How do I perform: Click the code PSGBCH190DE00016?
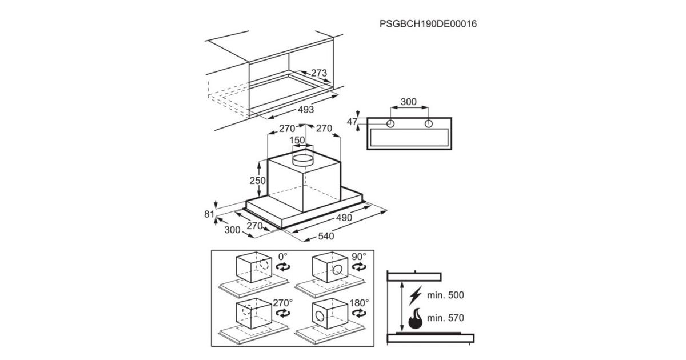[428, 24]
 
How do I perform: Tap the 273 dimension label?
[319, 73]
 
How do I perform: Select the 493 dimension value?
[306, 109]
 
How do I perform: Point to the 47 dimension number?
[352, 122]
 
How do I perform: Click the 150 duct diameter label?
[297, 140]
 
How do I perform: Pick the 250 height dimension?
[257, 181]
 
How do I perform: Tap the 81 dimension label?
[209, 214]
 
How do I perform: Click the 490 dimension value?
[344, 218]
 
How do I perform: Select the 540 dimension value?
[326, 236]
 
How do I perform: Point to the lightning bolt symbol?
[415, 295]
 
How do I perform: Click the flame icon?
[415, 319]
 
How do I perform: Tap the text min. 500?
[445, 295]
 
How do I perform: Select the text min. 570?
[445, 318]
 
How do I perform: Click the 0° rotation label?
[282, 256]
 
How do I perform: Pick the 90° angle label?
[358, 257]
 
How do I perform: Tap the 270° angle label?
[282, 303]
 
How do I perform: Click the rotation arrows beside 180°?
[359, 313]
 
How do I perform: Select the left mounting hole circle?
[390, 123]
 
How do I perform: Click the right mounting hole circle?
[428, 123]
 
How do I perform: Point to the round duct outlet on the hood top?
[303, 159]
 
